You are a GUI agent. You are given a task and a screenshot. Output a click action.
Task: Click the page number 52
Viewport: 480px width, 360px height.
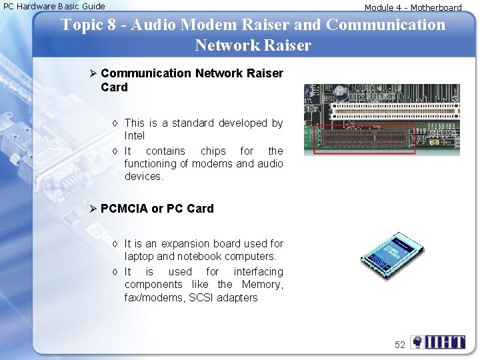(x=400, y=345)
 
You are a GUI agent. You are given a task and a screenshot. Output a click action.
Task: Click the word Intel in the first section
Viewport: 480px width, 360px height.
(x=135, y=135)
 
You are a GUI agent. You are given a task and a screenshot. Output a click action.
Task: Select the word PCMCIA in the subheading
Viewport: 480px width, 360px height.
(x=125, y=209)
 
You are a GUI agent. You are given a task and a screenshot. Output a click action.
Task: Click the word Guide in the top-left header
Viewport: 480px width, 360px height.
(x=92, y=7)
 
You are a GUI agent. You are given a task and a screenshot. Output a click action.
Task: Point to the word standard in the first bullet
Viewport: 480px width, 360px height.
(x=193, y=123)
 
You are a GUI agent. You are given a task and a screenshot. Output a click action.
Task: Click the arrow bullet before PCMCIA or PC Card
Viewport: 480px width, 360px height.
(x=94, y=209)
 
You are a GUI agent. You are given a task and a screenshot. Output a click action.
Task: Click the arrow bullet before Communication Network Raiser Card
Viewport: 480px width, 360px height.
(x=94, y=73)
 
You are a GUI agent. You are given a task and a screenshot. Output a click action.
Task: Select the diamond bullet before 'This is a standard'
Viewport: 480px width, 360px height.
(x=115, y=123)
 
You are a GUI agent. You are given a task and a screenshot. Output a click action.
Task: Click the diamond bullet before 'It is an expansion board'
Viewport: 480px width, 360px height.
(x=115, y=244)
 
